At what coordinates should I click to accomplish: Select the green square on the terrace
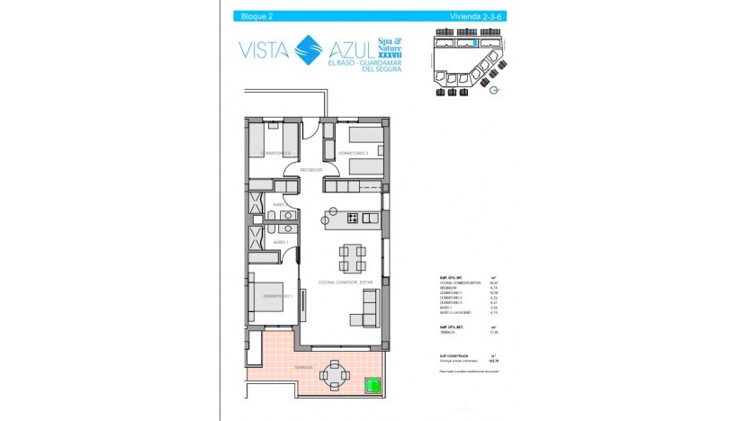[371, 387]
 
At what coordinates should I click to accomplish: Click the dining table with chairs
[351, 259]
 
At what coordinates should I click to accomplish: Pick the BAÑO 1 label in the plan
[279, 243]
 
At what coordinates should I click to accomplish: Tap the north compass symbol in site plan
[485, 89]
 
